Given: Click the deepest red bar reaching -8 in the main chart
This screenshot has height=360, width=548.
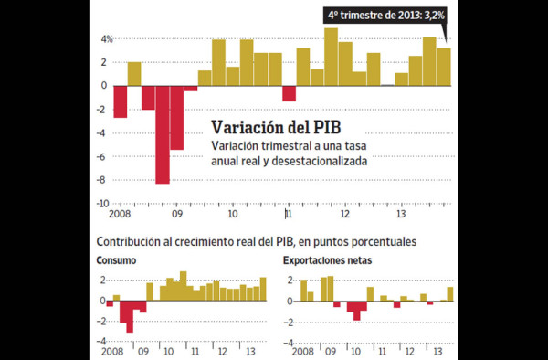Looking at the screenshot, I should pos(163,134).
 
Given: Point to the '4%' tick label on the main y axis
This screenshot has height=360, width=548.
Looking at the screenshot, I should pos(107,39).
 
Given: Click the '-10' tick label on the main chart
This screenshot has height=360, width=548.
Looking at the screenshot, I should pos(106,203).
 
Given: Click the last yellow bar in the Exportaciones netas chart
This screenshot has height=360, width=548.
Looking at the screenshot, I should pos(449,294).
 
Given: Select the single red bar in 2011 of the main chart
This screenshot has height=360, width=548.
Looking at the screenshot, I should pos(290,93).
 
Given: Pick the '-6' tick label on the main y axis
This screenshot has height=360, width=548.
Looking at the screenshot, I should pos(106,156).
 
